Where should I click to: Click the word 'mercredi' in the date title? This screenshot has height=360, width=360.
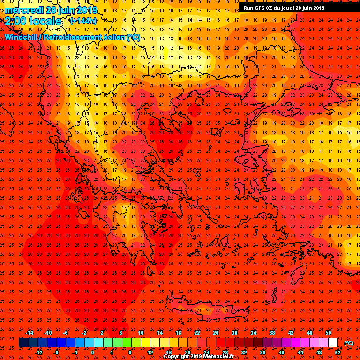[24, 10]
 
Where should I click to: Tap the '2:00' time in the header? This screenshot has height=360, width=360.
[15, 21]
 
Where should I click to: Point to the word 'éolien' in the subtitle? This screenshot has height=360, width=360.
[112, 37]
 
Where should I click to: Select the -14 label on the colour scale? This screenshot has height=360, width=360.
[29, 333]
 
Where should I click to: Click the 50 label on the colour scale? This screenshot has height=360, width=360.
[328, 333]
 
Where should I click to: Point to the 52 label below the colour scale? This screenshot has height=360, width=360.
[337, 352]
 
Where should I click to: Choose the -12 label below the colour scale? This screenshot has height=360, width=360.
[38, 352]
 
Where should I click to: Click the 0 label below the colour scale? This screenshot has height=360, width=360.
[93, 352]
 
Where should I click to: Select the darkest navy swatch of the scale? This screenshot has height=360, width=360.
[23, 343]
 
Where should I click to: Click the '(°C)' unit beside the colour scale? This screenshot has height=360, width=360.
[349, 343]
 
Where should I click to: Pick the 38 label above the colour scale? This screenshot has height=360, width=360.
[272, 333]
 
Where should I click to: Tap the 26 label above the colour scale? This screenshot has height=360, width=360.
[216, 333]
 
